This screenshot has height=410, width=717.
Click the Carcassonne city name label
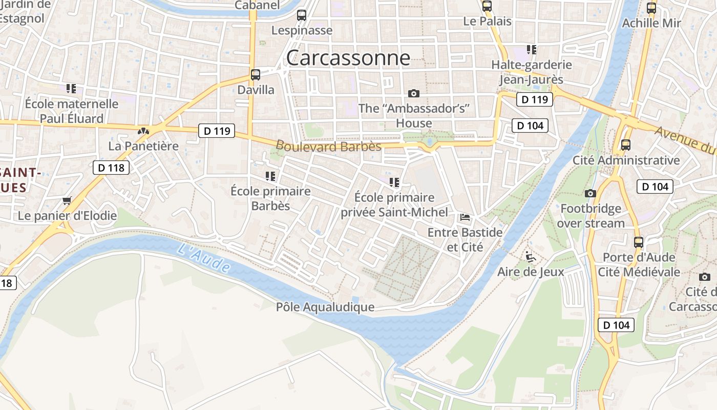coord(348,58)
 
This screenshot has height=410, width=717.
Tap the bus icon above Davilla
coord(256,75)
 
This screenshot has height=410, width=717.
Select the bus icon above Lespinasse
coord(302,15)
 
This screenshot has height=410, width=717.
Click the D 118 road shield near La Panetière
coord(111,168)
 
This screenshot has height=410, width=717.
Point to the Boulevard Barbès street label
coord(328,146)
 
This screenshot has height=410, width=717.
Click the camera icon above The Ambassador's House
coord(414,93)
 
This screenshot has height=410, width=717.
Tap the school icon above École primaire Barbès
coord(270,177)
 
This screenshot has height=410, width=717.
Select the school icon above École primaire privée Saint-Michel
coord(394,182)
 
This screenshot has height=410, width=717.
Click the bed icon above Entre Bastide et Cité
coord(465,217)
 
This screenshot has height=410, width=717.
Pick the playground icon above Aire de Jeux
coord(531,256)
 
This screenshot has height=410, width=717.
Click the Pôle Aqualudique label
coord(325,307)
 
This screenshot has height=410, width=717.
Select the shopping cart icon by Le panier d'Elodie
coord(67,200)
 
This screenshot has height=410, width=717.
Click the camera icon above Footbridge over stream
coord(591,193)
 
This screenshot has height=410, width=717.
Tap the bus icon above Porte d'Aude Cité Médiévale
coord(639,242)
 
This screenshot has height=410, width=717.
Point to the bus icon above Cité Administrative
coord(626,145)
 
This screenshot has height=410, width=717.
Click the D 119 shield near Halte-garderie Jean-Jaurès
coord(535,99)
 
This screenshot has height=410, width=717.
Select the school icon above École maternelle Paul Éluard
coord(71,89)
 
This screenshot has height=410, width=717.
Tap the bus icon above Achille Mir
coord(651,8)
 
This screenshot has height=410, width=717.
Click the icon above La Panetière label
coord(143,131)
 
